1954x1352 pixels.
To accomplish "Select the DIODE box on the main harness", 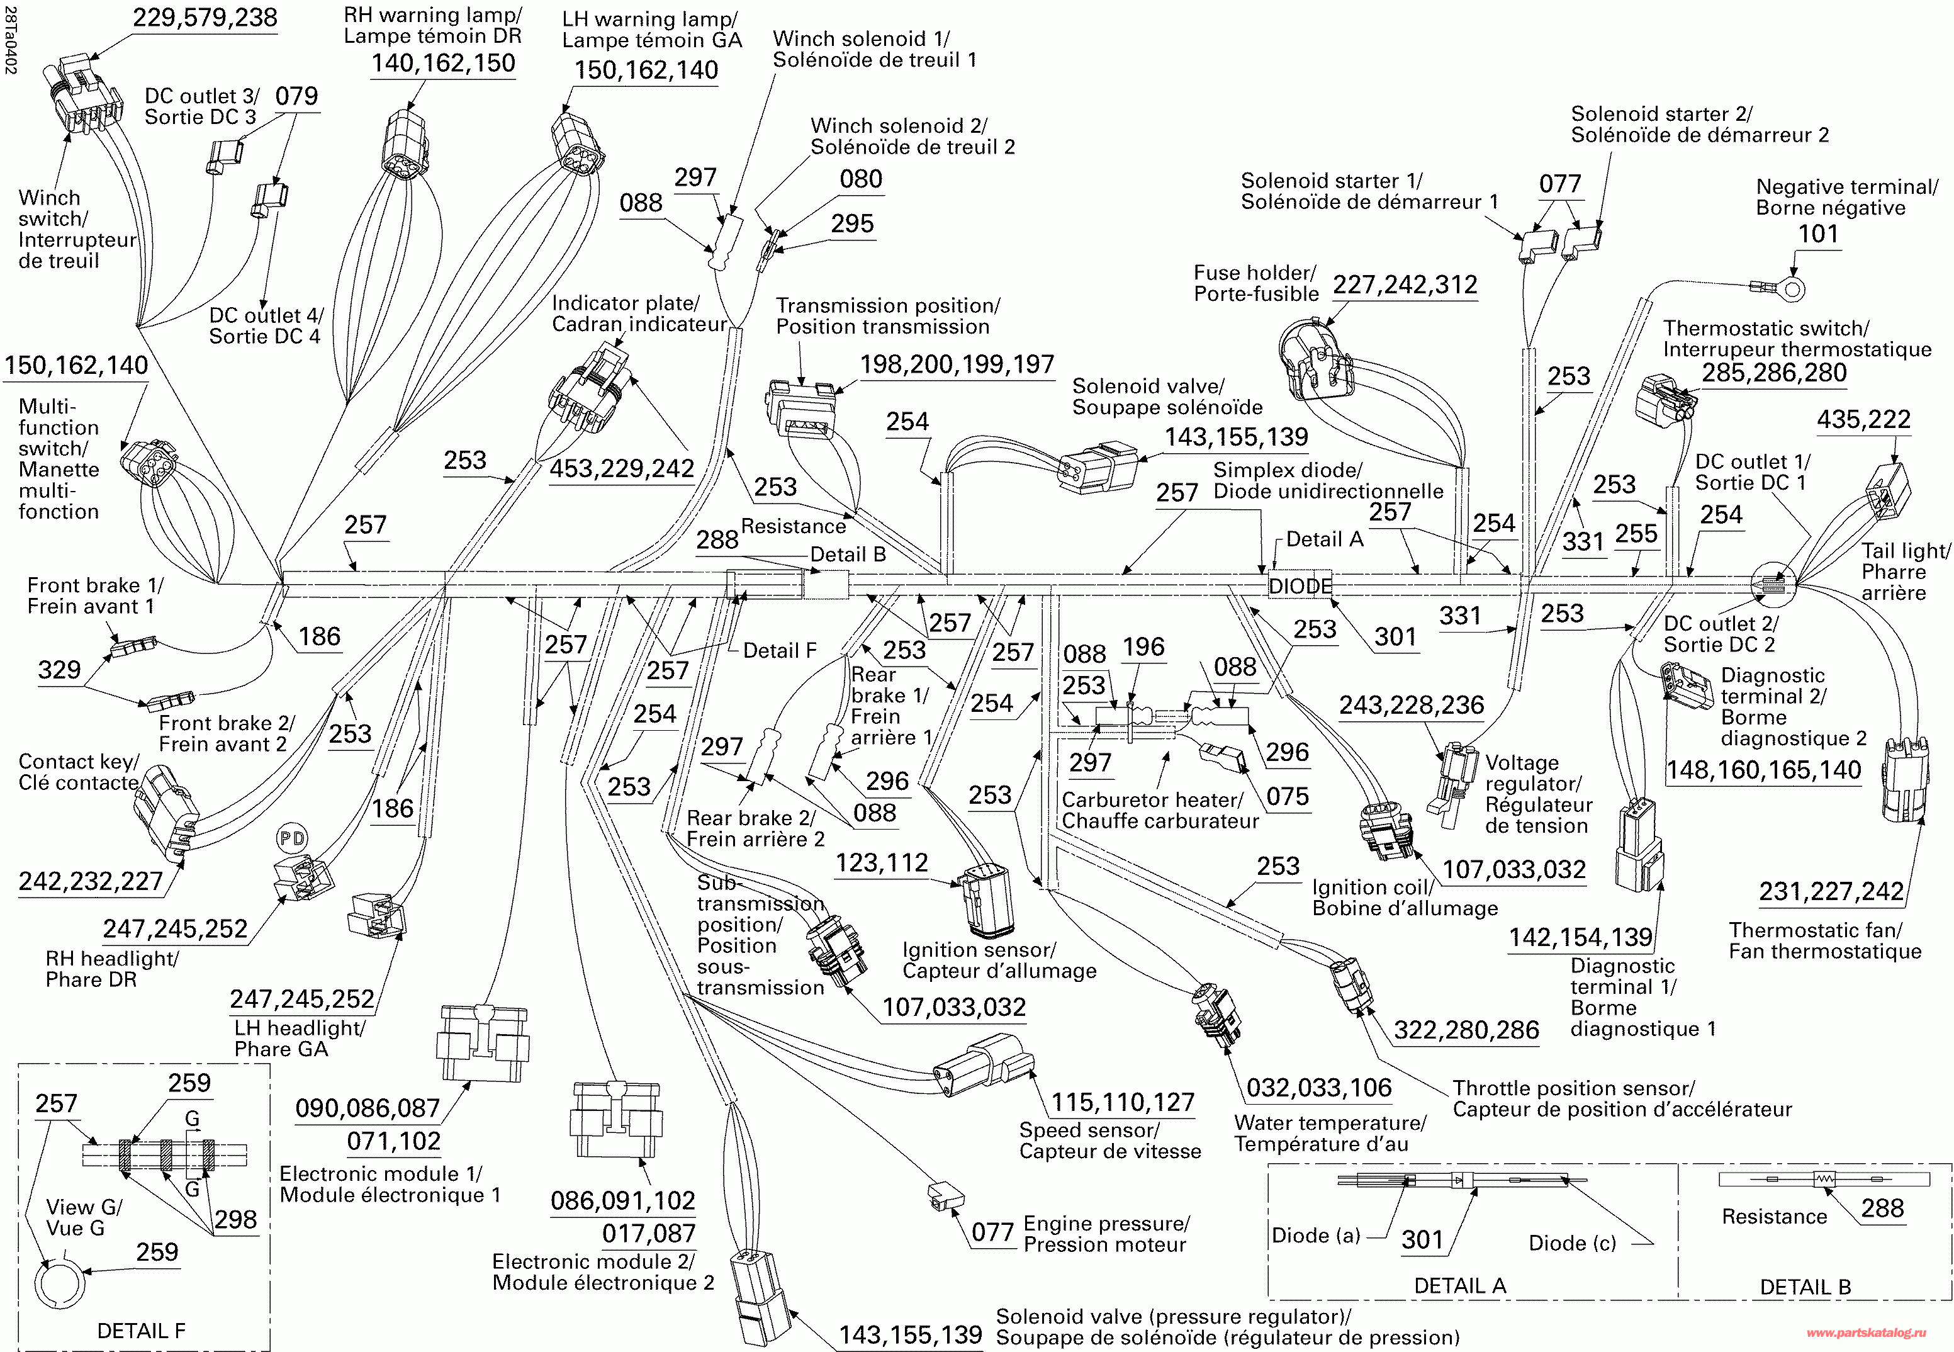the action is tap(1300, 585).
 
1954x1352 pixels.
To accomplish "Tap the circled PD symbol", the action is tap(292, 838).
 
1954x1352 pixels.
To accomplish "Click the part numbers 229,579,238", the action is tap(205, 18).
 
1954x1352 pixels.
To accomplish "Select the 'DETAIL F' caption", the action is tap(142, 1331).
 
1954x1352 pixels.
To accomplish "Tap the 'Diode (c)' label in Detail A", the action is tap(1572, 1242).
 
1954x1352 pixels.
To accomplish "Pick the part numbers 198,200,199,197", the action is tap(957, 364).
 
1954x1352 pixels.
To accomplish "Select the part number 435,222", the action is tap(1863, 419).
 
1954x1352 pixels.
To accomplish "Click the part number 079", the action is tap(296, 96).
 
